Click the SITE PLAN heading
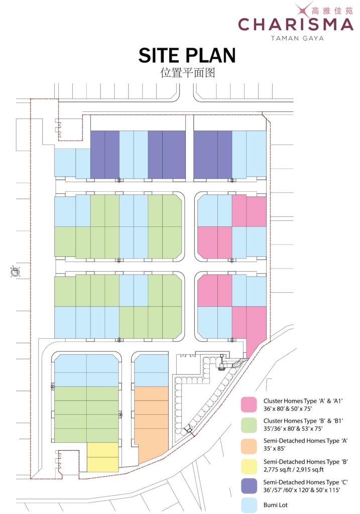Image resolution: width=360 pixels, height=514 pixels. (187, 55)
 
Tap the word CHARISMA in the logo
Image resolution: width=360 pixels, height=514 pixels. (295, 25)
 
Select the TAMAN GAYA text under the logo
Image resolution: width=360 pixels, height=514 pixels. (297, 38)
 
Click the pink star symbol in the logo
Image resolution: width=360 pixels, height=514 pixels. (303, 10)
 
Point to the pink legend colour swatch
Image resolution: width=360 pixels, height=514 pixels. (249, 405)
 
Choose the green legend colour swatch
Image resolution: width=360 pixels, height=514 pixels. (249, 425)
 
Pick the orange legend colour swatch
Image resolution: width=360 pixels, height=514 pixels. (249, 446)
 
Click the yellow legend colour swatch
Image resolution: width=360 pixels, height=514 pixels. (249, 466)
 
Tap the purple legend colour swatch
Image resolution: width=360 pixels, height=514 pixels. (249, 486)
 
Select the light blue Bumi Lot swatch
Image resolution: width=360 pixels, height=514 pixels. (249, 505)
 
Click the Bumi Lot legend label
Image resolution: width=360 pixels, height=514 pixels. (276, 505)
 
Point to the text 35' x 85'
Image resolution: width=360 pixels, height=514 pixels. (275, 448)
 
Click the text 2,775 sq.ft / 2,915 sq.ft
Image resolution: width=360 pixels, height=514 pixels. (293, 469)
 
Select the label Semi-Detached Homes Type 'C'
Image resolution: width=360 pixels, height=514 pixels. (305, 482)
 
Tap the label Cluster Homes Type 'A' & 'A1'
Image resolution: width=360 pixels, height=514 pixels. (303, 401)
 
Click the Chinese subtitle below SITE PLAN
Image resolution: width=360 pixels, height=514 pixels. (187, 72)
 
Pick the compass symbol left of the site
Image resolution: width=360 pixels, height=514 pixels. (15, 272)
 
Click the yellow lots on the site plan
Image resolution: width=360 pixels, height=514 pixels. (102, 457)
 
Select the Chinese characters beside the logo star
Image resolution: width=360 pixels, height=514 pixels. (332, 11)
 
